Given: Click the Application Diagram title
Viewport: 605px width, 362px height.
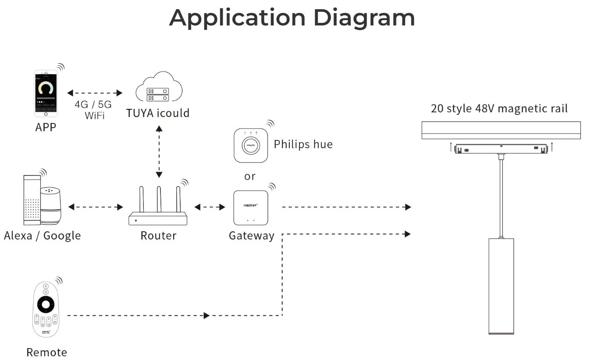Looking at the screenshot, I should click(292, 18).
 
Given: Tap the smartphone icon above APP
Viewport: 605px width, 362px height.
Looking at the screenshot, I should click(46, 93).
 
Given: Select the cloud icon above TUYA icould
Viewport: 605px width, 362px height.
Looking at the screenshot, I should click(159, 88).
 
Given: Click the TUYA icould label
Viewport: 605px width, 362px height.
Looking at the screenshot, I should click(158, 113).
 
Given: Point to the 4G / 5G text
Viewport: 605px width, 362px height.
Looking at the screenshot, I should click(93, 105).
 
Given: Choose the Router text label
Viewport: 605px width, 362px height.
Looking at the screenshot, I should click(158, 236).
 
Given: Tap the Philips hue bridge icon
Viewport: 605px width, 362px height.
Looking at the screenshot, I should click(251, 145).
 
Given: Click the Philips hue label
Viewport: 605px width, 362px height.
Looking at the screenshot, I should click(303, 144).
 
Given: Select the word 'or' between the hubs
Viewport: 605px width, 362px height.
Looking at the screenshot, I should click(250, 176).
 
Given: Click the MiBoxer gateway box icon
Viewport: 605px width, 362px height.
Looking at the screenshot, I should click(251, 208).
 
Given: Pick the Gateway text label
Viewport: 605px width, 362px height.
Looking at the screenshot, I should click(252, 236).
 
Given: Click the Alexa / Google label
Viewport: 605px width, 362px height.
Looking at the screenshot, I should click(42, 236).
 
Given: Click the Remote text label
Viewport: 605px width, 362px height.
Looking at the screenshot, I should click(46, 352).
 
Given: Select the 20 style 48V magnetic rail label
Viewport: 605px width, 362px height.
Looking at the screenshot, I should click(499, 108).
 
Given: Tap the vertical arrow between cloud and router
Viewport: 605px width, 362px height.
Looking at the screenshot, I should click(159, 151).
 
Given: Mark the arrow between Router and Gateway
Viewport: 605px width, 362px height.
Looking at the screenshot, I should click(210, 207).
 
